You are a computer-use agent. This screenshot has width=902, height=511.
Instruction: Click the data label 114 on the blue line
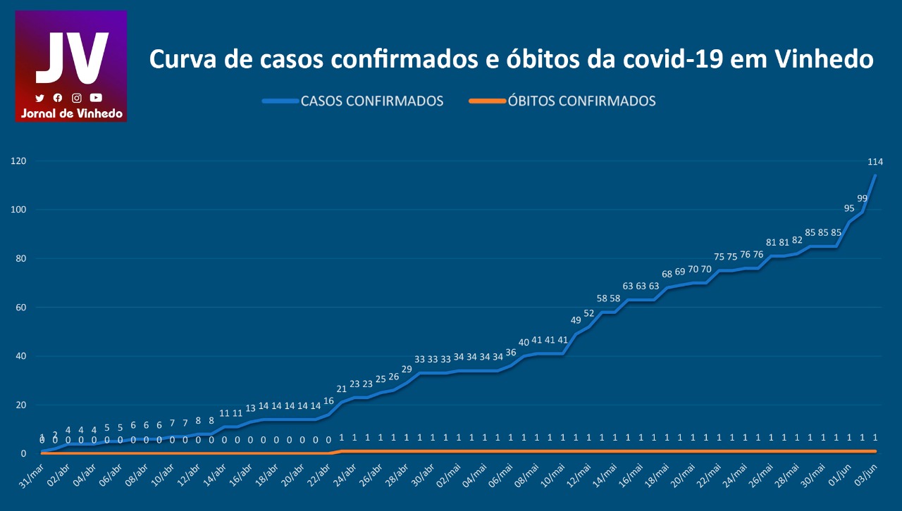(x=875, y=162)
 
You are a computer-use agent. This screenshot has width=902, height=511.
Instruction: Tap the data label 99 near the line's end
(x=863, y=198)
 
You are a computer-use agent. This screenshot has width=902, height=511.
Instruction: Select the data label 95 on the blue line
(x=849, y=208)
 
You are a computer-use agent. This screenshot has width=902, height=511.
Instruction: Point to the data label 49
(x=576, y=320)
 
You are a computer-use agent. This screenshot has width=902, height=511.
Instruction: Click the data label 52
(x=589, y=313)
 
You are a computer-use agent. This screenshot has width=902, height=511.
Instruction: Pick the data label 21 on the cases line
(x=342, y=389)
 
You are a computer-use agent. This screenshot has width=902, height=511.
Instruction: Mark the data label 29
(x=407, y=370)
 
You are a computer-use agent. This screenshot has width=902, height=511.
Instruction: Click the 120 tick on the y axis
(x=18, y=161)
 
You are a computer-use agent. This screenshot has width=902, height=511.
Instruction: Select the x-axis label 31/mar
(x=30, y=479)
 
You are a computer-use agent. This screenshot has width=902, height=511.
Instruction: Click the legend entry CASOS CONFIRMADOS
(x=371, y=101)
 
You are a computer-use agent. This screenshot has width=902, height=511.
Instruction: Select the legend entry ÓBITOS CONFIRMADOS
(x=581, y=101)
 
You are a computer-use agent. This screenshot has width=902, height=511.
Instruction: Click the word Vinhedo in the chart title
(x=824, y=60)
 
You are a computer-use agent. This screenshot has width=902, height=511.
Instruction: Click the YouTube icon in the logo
(x=96, y=98)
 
